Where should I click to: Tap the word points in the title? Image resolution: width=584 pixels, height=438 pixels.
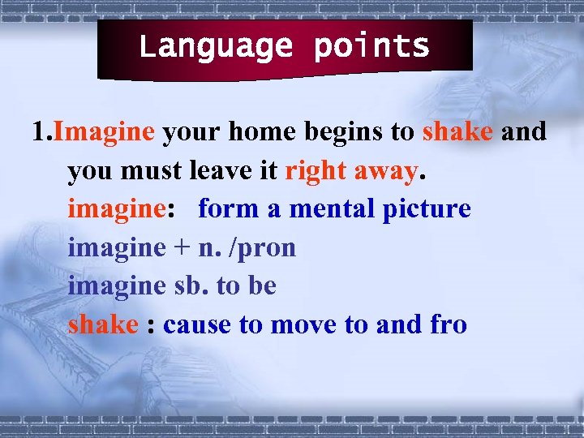[x=371, y=47]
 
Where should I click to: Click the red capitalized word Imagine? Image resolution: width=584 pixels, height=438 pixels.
[x=103, y=131]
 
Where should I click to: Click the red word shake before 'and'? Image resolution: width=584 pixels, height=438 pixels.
[x=457, y=131]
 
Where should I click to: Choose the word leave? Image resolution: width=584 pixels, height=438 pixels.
[x=228, y=170]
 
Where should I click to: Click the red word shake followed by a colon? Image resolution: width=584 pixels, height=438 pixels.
[x=103, y=324]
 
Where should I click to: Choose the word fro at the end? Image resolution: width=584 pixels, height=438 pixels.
[x=448, y=324]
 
